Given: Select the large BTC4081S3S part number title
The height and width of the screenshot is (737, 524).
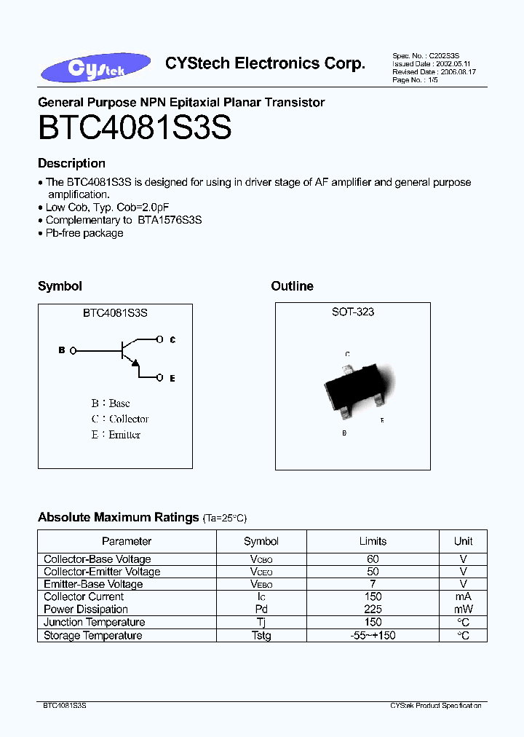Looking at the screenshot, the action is pyautogui.click(x=135, y=128).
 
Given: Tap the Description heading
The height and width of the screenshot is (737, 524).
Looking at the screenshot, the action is pyautogui.click(x=71, y=163).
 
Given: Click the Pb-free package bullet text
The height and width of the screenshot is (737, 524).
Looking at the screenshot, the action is pyautogui.click(x=84, y=233).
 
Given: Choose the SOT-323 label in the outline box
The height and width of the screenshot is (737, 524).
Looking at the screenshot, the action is pyautogui.click(x=353, y=312).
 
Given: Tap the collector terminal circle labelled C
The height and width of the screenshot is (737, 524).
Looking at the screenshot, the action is pyautogui.click(x=159, y=339).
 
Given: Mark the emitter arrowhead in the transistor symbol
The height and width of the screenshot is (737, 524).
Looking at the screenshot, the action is pyautogui.click(x=135, y=363).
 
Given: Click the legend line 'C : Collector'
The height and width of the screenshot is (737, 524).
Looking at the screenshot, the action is pyautogui.click(x=120, y=419).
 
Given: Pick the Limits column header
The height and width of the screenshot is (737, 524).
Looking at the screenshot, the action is pyautogui.click(x=373, y=541).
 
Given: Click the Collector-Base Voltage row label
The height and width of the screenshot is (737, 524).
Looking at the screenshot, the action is pyautogui.click(x=98, y=559).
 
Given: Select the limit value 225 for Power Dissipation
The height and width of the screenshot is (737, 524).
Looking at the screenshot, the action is pyautogui.click(x=373, y=610).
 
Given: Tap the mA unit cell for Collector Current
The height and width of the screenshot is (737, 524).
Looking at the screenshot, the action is pyautogui.click(x=464, y=596).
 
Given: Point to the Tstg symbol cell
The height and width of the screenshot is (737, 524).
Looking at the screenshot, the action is pyautogui.click(x=261, y=636).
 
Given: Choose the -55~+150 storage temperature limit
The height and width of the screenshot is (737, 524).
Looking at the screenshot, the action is pyautogui.click(x=373, y=636).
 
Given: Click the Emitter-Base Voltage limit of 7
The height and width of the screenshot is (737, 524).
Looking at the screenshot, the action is pyautogui.click(x=373, y=584).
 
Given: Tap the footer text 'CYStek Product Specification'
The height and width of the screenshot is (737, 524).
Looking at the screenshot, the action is pyautogui.click(x=436, y=706).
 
